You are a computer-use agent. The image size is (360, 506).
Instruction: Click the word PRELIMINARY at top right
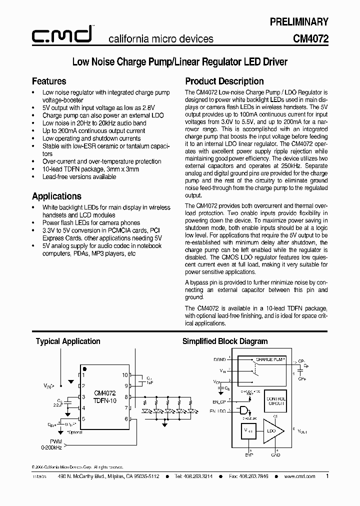(299, 22)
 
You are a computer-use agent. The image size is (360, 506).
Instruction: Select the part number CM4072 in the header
(310, 38)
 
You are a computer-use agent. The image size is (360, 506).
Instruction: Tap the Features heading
(49, 81)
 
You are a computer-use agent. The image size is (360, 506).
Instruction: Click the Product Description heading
(224, 81)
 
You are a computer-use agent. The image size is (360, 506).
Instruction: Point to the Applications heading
(56, 196)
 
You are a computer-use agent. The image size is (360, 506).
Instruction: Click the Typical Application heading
(68, 341)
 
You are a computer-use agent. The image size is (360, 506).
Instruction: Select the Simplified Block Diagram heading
(225, 341)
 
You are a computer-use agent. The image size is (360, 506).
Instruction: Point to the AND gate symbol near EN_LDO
(244, 410)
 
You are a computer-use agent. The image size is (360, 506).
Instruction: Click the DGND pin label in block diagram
(219, 359)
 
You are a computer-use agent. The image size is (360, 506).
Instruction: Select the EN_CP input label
(218, 401)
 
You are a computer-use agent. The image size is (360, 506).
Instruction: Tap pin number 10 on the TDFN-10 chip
(125, 374)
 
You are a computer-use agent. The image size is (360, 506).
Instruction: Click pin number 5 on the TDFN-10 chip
(84, 419)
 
